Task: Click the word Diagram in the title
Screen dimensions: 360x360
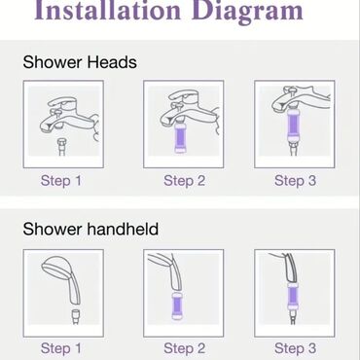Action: click(247, 12)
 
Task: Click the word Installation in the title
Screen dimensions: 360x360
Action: click(107, 11)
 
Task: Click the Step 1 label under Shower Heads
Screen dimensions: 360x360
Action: click(61, 181)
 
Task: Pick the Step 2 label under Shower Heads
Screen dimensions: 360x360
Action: click(184, 181)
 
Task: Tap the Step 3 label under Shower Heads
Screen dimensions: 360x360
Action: click(295, 181)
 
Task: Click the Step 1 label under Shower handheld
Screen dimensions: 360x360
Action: click(61, 348)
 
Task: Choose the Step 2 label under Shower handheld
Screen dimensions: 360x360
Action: click(184, 348)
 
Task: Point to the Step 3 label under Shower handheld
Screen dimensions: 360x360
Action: click(295, 348)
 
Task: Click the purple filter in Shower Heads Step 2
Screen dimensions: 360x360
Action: click(179, 137)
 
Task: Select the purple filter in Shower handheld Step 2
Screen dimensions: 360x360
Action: click(177, 306)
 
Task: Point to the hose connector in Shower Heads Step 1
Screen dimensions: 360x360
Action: click(61, 147)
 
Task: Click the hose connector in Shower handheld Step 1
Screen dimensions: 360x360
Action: click(77, 316)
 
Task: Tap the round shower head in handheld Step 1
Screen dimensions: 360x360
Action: click(56, 268)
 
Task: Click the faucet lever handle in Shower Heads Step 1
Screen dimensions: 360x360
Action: click(64, 105)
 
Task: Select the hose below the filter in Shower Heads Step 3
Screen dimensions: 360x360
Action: click(294, 150)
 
